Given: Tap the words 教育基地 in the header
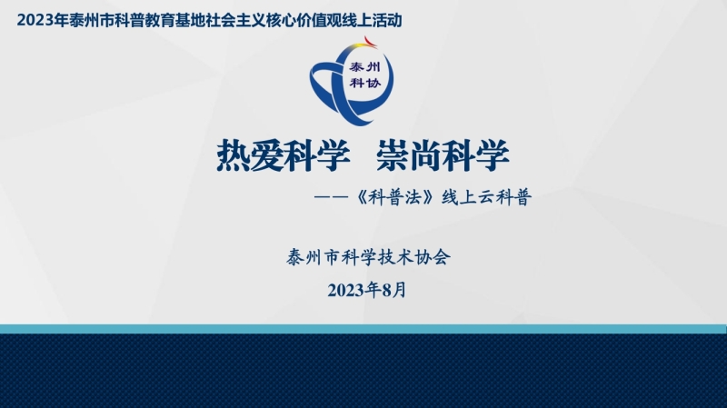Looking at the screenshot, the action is pos(174,21).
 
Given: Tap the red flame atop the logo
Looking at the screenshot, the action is pos(370,42).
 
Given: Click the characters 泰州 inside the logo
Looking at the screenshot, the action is pos(365,67).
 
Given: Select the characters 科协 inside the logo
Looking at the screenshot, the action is pos(365,83).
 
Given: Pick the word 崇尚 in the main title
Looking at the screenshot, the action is pos(410,155).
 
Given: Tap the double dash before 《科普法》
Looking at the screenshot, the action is pos(331,197).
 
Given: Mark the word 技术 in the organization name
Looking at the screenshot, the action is pos(396,257).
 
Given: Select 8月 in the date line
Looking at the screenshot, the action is pos(394,290).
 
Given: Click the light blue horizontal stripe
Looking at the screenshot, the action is pos(363,329).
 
